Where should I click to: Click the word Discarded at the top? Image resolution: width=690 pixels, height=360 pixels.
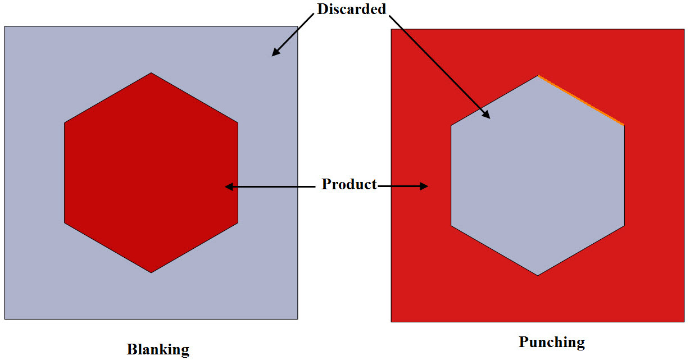point(352,9)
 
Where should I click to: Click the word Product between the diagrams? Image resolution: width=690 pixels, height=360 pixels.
point(349,184)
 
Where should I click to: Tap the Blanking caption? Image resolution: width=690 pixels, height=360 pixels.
point(158,349)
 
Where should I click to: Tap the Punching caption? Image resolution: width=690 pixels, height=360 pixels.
point(552,343)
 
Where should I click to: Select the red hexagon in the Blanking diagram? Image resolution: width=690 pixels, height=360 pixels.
point(151,173)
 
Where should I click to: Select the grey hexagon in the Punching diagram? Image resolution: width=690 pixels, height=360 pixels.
point(538,175)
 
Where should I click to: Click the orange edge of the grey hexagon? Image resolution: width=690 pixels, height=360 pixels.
point(581,100)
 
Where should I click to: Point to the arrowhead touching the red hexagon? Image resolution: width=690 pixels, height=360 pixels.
point(229,186)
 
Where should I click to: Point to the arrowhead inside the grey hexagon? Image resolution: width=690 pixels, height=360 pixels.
point(486,114)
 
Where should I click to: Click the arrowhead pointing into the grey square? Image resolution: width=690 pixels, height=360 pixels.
point(276,52)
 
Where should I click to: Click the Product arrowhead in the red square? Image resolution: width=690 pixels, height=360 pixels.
point(424,186)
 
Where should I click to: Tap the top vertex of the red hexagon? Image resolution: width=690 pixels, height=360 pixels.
point(151,72)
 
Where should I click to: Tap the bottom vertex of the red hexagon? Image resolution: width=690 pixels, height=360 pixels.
point(151,272)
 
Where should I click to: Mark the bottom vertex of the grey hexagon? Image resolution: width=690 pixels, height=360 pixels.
point(538,275)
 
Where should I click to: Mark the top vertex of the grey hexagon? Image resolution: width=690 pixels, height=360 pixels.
point(538,75)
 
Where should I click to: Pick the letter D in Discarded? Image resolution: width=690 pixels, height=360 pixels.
point(323,9)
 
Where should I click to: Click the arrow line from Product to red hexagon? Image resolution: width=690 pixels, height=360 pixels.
point(270,186)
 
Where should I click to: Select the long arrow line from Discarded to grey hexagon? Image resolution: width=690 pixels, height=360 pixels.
point(439,67)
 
